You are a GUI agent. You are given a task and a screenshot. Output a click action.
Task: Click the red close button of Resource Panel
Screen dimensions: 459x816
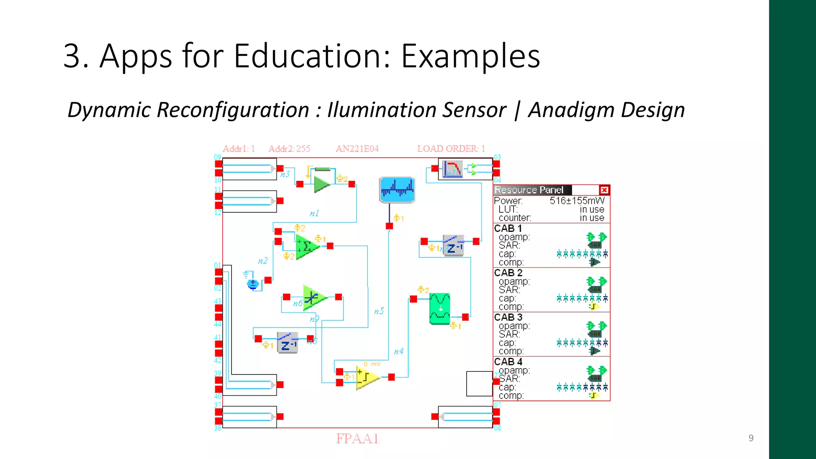604,190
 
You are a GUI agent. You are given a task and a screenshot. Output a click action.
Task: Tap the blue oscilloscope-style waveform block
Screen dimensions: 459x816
397,190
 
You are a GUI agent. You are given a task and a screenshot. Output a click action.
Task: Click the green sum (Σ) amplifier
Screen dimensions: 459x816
307,246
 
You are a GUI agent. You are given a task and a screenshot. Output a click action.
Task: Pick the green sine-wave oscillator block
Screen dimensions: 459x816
440,309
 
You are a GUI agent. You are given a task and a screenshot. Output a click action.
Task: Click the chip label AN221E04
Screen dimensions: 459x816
357,149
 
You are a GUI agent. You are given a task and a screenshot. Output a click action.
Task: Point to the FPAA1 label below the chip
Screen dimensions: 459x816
357,439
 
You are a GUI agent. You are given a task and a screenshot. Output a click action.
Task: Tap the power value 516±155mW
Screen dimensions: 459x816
577,201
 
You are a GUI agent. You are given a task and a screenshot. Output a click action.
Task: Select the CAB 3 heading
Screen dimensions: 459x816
508,318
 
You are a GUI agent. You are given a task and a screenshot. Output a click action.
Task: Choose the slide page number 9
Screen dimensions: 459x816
751,438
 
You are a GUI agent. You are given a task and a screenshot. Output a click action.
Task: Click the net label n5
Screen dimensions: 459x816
379,311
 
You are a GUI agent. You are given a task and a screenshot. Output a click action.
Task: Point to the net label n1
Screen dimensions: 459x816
314,214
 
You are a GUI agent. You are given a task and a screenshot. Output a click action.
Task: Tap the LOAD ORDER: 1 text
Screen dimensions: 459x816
451,149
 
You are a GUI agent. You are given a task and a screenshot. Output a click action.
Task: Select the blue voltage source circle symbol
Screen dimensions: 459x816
253,284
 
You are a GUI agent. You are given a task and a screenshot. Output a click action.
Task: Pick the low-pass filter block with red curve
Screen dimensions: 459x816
453,169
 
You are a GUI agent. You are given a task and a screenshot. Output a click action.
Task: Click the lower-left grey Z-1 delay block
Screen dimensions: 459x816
288,343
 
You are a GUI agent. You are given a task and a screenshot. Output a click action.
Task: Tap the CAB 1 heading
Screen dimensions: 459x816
508,229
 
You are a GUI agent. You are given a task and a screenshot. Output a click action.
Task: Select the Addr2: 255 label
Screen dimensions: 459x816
289,149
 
